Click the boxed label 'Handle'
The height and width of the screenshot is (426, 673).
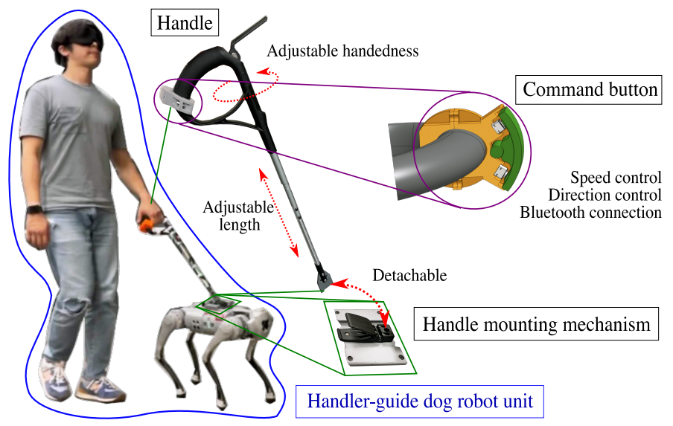click(x=183, y=23)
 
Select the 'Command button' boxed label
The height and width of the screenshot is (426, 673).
click(x=590, y=90)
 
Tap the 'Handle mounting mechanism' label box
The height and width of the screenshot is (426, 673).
click(x=536, y=325)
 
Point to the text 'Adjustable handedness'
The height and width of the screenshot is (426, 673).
click(x=342, y=51)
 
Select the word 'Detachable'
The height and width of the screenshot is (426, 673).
click(x=409, y=275)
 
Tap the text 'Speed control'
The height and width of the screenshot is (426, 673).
click(x=616, y=178)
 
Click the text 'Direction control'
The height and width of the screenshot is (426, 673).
click(x=604, y=196)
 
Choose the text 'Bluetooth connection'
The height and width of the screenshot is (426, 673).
click(x=590, y=213)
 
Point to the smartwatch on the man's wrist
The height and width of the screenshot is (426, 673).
click(x=34, y=210)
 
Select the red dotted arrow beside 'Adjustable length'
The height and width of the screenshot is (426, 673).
click(x=279, y=211)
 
